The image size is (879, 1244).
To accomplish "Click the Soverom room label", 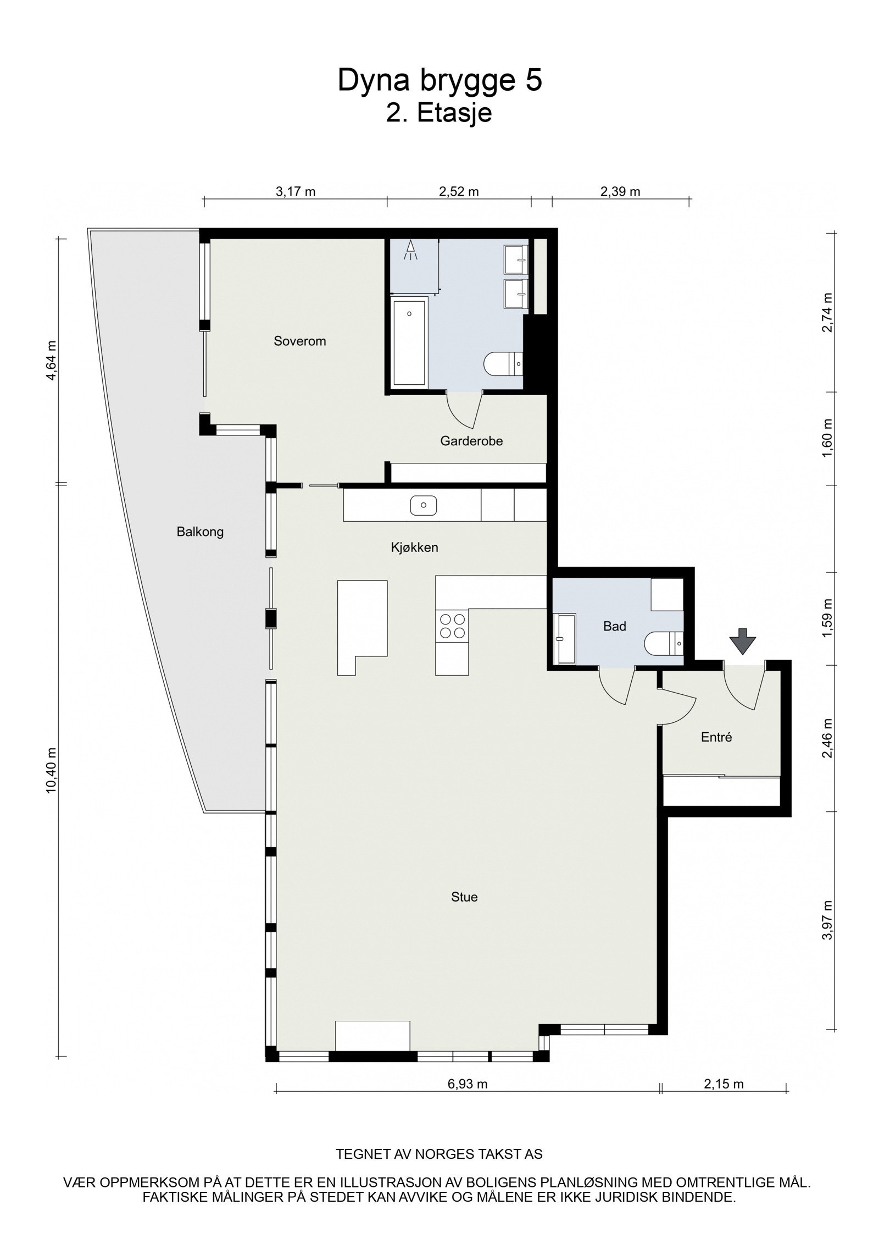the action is tap(299, 341).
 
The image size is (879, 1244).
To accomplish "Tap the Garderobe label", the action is tap(471, 441).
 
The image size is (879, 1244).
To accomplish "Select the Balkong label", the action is tap(200, 532).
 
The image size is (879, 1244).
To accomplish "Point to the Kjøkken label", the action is tap(414, 548).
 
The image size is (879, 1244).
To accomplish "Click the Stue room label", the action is tap(464, 897).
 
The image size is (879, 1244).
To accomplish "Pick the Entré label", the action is tap(716, 738).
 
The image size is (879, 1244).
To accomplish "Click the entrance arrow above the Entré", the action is tap(743, 642).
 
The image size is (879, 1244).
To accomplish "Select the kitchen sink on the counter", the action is tap(423, 505).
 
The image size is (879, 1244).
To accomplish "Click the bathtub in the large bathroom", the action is tap(410, 342).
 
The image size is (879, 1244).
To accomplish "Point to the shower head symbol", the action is tap(410, 251).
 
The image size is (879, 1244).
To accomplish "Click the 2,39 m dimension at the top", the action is tap(620, 192).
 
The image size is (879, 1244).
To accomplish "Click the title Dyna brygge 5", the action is tap(439, 80).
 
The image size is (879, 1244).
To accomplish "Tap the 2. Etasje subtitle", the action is tap(439, 114).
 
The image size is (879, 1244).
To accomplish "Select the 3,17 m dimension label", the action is tap(296, 192).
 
